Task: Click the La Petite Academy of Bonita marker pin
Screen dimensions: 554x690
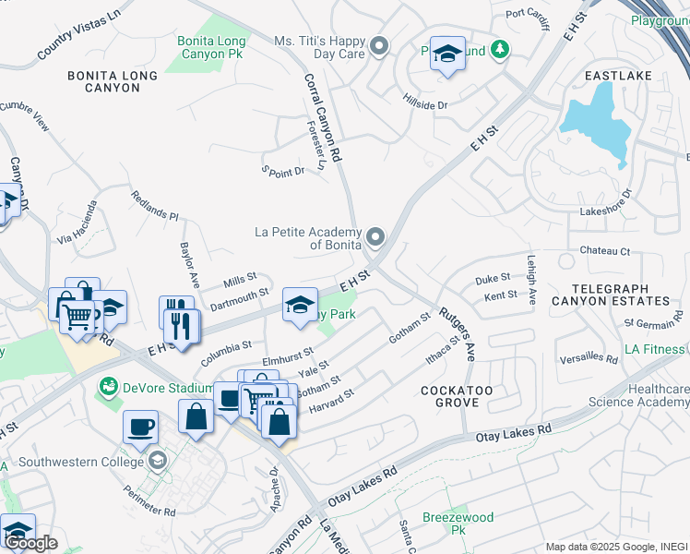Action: pyautogui.click(x=375, y=238)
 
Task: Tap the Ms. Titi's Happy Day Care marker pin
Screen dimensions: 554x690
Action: pyautogui.click(x=377, y=46)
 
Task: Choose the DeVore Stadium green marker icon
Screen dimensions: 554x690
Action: pyautogui.click(x=109, y=383)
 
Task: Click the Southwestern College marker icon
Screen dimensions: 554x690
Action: pyautogui.click(x=158, y=459)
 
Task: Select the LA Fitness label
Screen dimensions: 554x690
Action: pyautogui.click(x=654, y=349)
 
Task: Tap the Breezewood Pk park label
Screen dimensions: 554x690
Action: pyautogui.click(x=458, y=524)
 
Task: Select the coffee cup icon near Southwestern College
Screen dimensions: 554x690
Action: pyautogui.click(x=140, y=427)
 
